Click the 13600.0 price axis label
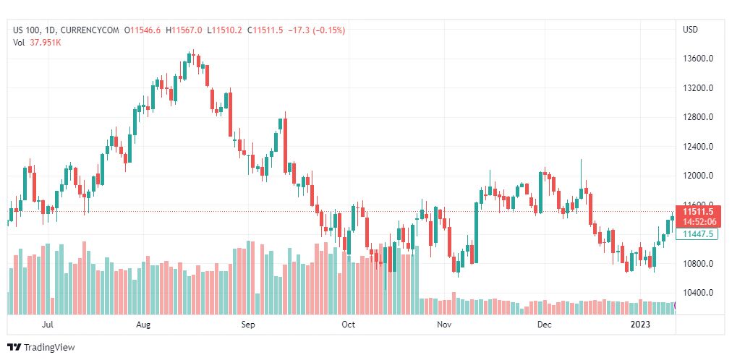[699, 59]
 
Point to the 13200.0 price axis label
[699, 88]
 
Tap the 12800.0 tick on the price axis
[699, 117]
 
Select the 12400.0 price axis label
[699, 147]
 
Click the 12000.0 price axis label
[699, 176]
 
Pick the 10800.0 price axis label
[699, 264]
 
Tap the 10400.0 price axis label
[699, 293]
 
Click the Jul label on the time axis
[48, 325]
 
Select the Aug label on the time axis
[143, 325]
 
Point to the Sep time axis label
[248, 325]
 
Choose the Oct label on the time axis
[349, 325]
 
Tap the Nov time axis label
[444, 325]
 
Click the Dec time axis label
[544, 325]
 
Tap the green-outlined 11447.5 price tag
[699, 233]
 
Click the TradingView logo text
[49, 348]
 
